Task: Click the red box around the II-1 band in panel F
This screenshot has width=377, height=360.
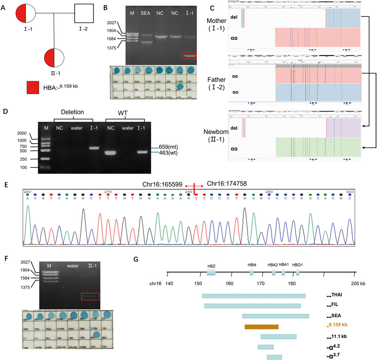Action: coord(90,296)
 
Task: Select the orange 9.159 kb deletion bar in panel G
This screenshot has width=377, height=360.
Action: coord(261,326)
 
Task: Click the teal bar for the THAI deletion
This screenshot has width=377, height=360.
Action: coord(253,296)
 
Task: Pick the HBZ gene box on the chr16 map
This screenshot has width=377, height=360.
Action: coord(211,272)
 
